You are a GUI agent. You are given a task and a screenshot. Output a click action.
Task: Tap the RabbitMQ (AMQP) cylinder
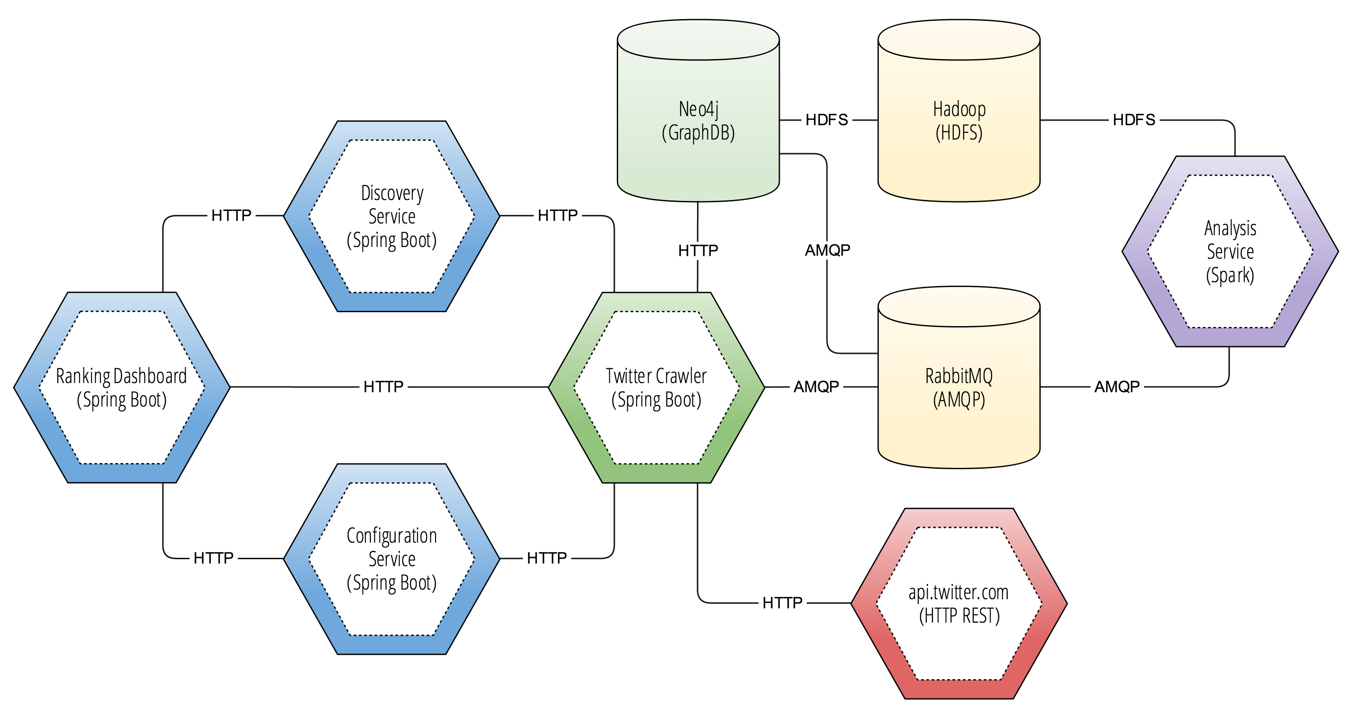tap(958, 387)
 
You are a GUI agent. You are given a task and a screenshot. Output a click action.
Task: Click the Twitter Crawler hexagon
tap(656, 387)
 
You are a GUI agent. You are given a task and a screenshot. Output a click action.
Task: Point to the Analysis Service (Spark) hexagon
tap(1230, 252)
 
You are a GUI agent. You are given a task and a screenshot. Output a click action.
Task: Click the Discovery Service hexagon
tap(391, 216)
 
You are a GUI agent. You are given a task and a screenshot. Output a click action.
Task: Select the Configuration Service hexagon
tap(391, 559)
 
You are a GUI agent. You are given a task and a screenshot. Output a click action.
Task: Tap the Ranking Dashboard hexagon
tap(121, 387)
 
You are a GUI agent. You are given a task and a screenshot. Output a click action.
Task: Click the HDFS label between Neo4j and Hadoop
tap(827, 120)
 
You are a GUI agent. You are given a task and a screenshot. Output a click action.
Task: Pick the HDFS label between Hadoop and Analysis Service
tap(1134, 120)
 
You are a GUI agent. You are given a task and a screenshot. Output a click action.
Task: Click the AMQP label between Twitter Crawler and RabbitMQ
tap(816, 387)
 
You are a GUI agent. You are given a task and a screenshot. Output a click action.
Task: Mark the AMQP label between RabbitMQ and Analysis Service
tap(1117, 387)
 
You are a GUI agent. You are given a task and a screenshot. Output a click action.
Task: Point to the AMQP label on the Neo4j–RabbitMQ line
tap(827, 250)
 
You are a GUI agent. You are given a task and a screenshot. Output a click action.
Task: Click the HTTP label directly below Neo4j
tap(698, 250)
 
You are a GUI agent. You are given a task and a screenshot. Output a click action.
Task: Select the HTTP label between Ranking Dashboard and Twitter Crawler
tap(383, 387)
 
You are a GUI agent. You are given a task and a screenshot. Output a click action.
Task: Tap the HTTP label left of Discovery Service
tap(231, 216)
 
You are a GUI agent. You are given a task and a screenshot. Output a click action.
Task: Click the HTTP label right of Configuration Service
tap(546, 558)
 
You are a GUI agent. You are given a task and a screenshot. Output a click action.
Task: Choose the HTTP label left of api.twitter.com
tap(782, 603)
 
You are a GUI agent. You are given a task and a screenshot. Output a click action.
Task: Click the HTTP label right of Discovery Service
tap(558, 216)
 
